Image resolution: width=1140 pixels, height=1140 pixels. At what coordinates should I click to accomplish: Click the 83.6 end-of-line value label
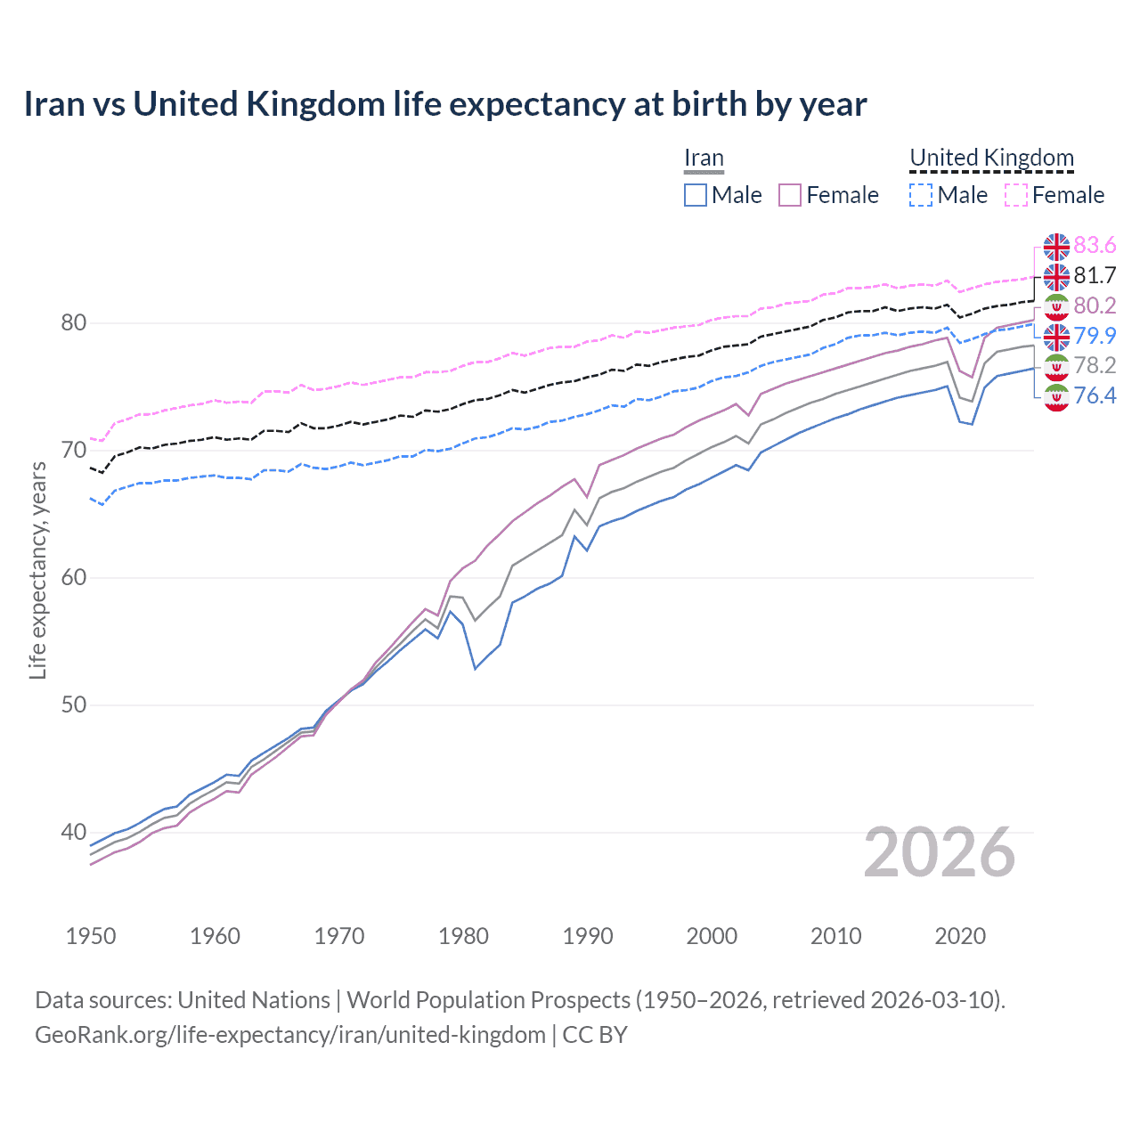click(x=1095, y=245)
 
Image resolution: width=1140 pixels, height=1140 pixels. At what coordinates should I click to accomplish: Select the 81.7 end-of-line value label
click(x=1095, y=275)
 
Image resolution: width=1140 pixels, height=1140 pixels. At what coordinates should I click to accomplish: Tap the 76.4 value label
click(x=1095, y=395)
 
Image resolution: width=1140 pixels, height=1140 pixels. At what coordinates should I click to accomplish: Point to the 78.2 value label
click(x=1095, y=365)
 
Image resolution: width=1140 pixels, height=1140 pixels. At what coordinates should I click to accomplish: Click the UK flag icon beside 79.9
click(x=1056, y=337)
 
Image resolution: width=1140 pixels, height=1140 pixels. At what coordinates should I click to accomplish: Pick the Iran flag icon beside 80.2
click(x=1056, y=306)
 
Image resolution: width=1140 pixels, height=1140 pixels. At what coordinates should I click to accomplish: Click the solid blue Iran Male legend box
click(x=696, y=195)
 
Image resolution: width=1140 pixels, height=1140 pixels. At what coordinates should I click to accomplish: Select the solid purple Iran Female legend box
click(x=790, y=195)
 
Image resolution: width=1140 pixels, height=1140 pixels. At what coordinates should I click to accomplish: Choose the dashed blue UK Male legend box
click(x=921, y=195)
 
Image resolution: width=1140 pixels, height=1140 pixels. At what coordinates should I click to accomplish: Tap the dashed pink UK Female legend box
click(x=1016, y=195)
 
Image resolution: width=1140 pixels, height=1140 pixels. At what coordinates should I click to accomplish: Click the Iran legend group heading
click(x=704, y=158)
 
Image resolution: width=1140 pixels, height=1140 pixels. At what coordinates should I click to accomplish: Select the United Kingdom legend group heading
click(x=991, y=158)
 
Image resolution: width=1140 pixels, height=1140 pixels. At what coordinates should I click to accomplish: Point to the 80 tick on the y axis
click(x=74, y=322)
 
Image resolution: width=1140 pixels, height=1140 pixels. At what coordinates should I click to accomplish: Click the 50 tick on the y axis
click(x=74, y=704)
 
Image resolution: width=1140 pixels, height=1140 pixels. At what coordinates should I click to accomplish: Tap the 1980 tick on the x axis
click(x=464, y=936)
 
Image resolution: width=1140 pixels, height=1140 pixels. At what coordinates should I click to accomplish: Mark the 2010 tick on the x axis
click(x=836, y=936)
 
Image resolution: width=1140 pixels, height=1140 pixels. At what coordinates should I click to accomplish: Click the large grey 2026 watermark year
click(x=940, y=852)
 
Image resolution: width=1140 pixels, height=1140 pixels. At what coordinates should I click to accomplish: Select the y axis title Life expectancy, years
click(x=37, y=570)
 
